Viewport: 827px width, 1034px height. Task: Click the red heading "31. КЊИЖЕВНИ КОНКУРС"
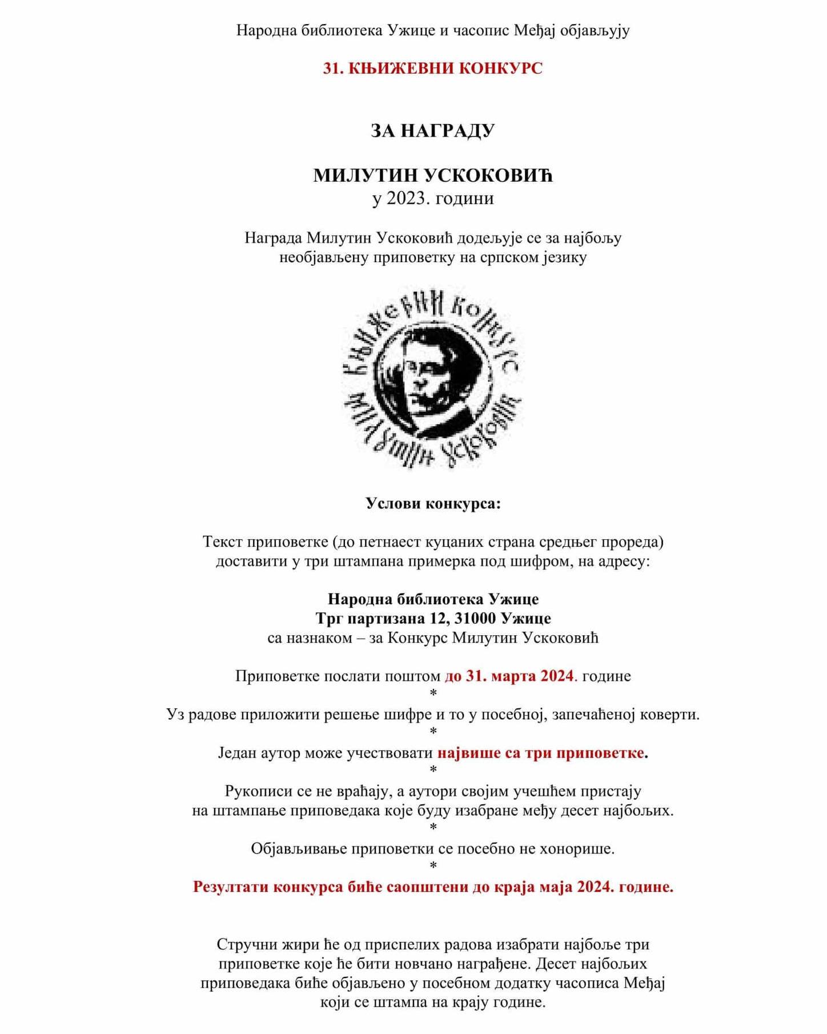(432, 69)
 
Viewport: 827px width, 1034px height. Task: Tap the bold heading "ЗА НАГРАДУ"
(432, 131)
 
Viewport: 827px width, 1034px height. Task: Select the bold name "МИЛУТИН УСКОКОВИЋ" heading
(432, 175)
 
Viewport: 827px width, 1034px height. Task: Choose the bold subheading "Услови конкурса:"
(432, 503)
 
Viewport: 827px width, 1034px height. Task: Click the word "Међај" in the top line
(534, 30)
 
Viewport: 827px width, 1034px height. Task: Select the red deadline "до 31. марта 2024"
(509, 676)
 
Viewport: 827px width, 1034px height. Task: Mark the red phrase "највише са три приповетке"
(541, 753)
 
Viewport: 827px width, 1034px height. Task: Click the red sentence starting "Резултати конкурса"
(432, 887)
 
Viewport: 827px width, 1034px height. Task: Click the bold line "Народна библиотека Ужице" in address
(432, 599)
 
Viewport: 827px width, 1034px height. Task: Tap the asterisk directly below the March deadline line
(433, 694)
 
